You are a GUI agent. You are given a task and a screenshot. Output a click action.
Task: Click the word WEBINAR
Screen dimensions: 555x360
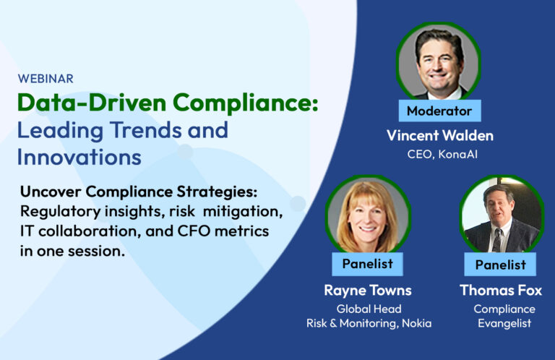click(x=46, y=79)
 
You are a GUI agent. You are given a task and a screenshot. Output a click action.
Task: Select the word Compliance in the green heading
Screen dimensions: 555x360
click(x=245, y=103)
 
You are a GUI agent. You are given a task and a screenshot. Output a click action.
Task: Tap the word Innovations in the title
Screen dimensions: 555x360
click(x=79, y=157)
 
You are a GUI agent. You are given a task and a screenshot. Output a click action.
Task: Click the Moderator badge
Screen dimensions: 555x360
click(x=439, y=111)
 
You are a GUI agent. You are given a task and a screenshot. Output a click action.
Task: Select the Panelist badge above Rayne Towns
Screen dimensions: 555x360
click(x=367, y=264)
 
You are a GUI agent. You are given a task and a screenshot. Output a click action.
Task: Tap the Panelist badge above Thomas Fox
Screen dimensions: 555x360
click(x=500, y=265)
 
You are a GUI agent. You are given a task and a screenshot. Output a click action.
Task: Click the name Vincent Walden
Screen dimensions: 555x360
click(x=440, y=136)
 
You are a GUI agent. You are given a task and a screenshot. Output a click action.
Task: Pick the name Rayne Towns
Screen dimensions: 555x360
click(x=368, y=291)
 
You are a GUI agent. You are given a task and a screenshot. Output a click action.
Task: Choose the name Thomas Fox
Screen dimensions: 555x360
click(x=501, y=291)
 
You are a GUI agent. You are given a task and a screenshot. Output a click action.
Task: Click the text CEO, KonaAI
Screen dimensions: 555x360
click(x=442, y=154)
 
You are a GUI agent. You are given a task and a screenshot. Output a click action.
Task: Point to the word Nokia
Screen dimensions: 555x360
click(x=416, y=323)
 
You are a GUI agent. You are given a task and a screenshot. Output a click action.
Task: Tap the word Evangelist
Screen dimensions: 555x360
click(x=504, y=324)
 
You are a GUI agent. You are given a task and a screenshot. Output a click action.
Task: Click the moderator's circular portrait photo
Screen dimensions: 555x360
click(x=439, y=61)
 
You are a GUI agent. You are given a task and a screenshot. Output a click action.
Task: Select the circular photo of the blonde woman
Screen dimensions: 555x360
click(x=368, y=215)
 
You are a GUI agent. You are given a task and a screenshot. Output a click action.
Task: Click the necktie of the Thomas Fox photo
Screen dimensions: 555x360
click(x=497, y=240)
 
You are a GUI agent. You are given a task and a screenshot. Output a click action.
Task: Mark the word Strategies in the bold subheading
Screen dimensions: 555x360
click(x=217, y=192)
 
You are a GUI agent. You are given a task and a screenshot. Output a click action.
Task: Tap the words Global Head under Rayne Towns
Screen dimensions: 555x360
click(x=369, y=309)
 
